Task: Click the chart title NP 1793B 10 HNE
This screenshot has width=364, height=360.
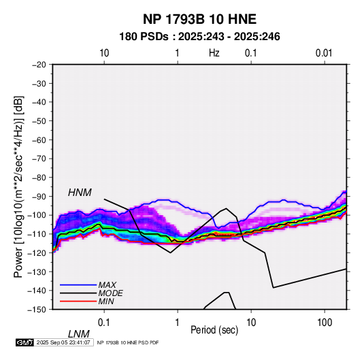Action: tap(199, 19)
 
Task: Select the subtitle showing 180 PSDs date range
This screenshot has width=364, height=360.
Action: tap(199, 37)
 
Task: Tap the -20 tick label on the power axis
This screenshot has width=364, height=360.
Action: tap(39, 65)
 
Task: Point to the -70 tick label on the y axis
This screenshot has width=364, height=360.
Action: tap(39, 159)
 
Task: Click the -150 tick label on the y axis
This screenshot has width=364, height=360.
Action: tap(37, 310)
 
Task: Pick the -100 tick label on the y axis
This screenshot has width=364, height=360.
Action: tap(37, 215)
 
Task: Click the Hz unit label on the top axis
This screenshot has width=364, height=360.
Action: tap(214, 53)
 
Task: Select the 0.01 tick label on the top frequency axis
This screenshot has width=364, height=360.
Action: tap(324, 53)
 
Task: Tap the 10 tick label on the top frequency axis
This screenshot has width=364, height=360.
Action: tap(104, 53)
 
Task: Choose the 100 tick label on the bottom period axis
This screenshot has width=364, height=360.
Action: tap(325, 323)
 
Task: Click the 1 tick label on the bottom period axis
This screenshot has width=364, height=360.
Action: tap(178, 323)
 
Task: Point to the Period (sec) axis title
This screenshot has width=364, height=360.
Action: tap(214, 330)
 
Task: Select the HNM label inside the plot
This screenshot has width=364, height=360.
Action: tap(80, 193)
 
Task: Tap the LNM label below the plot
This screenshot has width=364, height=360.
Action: tap(79, 334)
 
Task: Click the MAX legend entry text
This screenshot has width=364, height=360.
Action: tap(107, 284)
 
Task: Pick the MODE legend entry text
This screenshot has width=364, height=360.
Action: tap(110, 293)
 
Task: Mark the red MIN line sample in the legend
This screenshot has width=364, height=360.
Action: tap(78, 301)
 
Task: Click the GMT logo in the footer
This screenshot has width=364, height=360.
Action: tap(24, 342)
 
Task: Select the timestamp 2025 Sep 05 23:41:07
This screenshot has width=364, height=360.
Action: tap(63, 342)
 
